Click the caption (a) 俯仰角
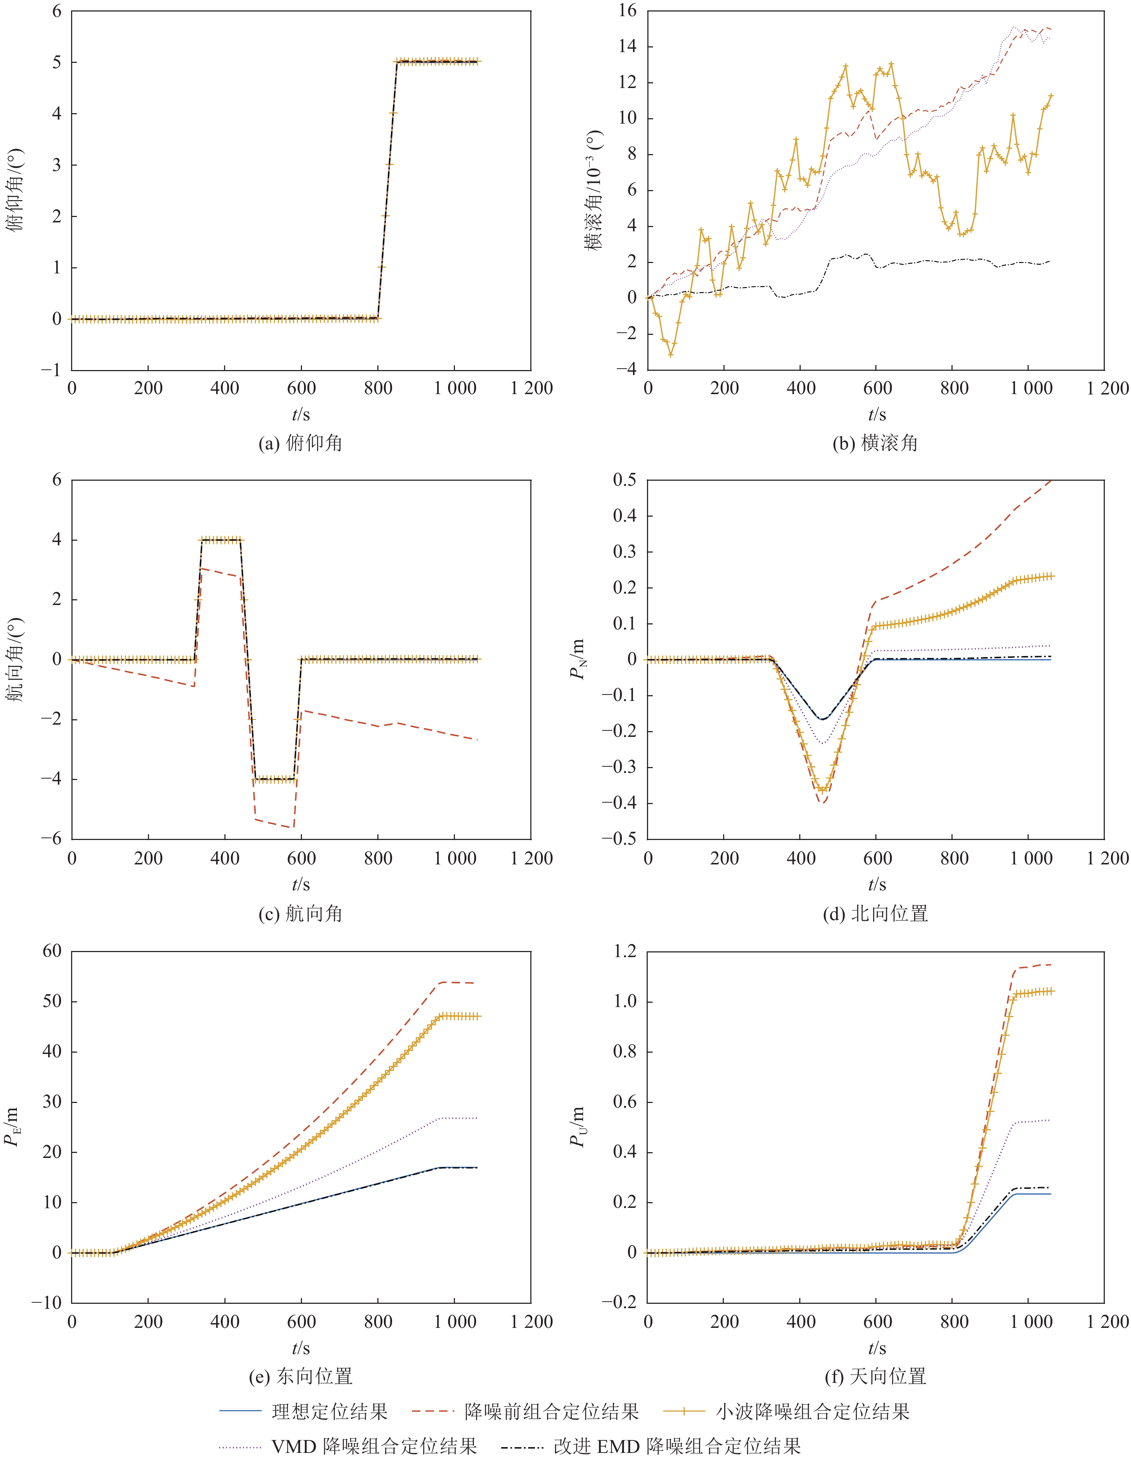click(x=301, y=443)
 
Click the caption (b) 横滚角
click(x=875, y=443)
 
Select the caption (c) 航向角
click(x=301, y=913)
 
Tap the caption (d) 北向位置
click(x=875, y=913)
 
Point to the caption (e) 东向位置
click(x=301, y=1376)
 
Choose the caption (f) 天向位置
click(x=875, y=1376)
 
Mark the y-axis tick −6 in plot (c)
click(x=51, y=839)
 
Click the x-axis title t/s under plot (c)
click(x=301, y=885)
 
